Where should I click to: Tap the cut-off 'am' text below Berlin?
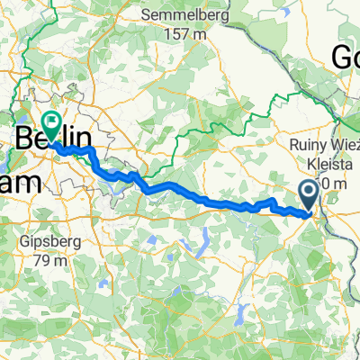(22, 182)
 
